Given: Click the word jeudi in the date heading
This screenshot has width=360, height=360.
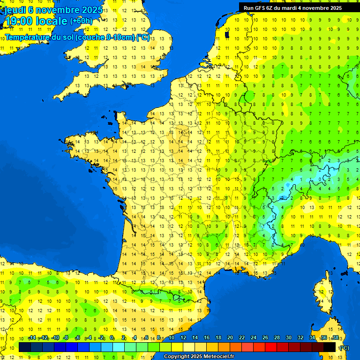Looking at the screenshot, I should tap(15, 10).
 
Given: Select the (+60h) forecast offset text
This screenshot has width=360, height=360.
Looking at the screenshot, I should tap(81, 21).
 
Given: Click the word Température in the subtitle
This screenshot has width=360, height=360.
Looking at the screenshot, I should tap(29, 37).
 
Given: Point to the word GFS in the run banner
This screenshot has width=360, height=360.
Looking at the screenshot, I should tap(259, 8).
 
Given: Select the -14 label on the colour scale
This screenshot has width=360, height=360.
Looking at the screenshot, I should tap(32, 338).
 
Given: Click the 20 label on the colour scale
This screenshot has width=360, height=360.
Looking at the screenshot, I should tap(230, 338).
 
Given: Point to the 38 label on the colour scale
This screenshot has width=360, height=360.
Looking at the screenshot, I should tap(335, 338).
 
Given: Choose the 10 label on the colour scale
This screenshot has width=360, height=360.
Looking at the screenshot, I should tap(171, 338).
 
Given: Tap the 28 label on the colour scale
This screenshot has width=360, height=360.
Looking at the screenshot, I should tap(277, 338).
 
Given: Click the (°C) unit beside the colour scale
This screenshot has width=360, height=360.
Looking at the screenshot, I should tap(344, 347).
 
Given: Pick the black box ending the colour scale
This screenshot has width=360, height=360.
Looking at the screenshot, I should tap(330, 347).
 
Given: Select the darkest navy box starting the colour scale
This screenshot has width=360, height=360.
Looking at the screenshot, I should tap(25, 347).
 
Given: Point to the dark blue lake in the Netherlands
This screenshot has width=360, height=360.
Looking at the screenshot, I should tap(227, 34).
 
